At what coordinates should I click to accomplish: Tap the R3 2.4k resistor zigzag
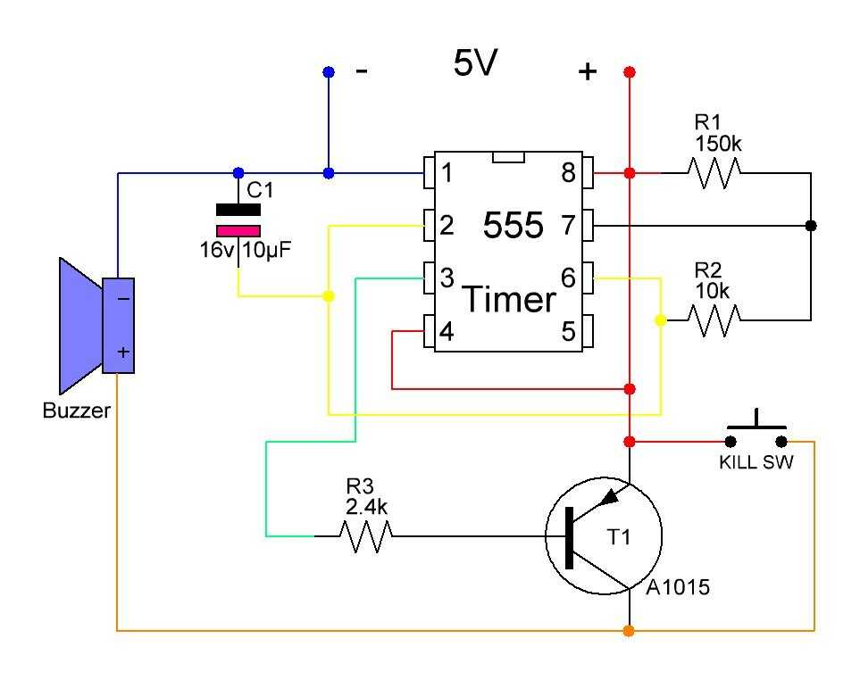pyautogui.click(x=366, y=536)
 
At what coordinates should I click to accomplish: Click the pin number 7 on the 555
pyautogui.click(x=569, y=225)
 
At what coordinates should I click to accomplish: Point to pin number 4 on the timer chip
pyautogui.click(x=447, y=331)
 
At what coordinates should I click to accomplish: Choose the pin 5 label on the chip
pyautogui.click(x=569, y=331)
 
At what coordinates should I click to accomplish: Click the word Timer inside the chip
pyautogui.click(x=510, y=299)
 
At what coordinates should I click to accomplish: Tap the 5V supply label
pyautogui.click(x=475, y=62)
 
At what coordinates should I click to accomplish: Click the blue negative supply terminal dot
pyautogui.click(x=329, y=71)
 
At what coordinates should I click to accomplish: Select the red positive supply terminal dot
pyautogui.click(x=630, y=71)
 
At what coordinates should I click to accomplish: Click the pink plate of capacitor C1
pyautogui.click(x=238, y=231)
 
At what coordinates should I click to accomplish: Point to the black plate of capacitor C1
pyautogui.click(x=238, y=210)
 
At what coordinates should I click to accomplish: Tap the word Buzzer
pyautogui.click(x=76, y=410)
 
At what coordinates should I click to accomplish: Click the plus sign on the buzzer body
pyautogui.click(x=123, y=352)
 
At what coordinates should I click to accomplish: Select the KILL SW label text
pyautogui.click(x=756, y=462)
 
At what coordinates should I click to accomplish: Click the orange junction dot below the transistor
pyautogui.click(x=629, y=631)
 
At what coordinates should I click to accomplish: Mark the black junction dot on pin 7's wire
pyautogui.click(x=811, y=225)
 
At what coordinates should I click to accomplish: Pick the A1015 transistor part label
pyautogui.click(x=678, y=587)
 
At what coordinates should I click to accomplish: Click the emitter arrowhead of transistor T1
pyautogui.click(x=610, y=496)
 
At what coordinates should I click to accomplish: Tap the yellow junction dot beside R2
pyautogui.click(x=661, y=320)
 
